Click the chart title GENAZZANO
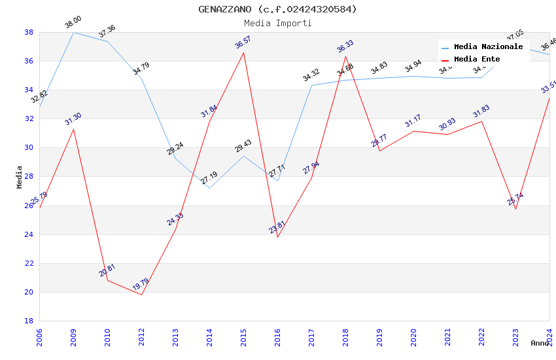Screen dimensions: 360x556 (278, 9)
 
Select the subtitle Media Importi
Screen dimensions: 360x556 (278, 23)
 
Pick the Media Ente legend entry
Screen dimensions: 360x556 (477, 59)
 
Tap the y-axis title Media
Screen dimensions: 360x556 (20, 177)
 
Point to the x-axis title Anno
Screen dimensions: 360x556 (540, 343)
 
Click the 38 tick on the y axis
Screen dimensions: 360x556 (29, 32)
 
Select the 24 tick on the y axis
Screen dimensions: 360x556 (29, 234)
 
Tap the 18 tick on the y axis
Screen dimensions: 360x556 (29, 321)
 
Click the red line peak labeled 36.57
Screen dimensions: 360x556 (244, 52)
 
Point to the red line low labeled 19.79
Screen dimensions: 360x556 (142, 295)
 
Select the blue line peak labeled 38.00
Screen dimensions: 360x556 (74, 32)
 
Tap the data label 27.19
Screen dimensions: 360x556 (209, 177)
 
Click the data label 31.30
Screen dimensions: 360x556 (73, 118)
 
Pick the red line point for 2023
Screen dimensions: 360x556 (515, 209)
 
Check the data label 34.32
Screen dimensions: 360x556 (311, 75)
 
